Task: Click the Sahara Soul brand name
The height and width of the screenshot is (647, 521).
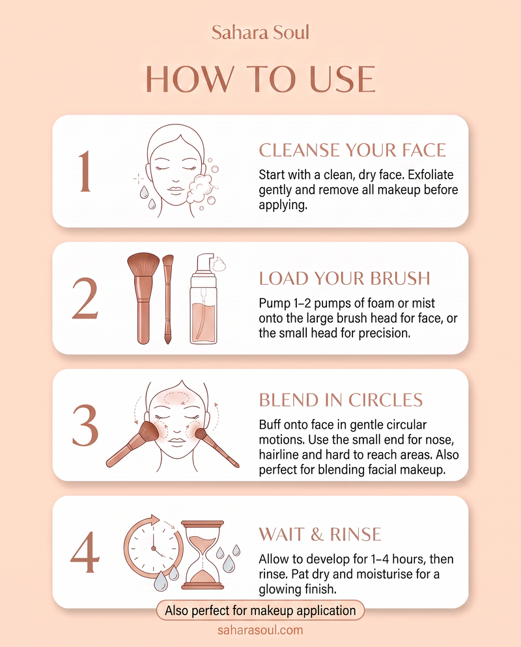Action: pyautogui.click(x=260, y=32)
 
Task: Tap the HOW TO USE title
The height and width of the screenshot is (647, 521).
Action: pyautogui.click(x=260, y=79)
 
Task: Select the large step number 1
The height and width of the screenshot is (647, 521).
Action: pyautogui.click(x=85, y=171)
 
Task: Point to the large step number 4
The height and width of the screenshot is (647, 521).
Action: pyautogui.click(x=85, y=552)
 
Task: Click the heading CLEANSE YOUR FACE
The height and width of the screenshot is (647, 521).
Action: pyautogui.click(x=352, y=151)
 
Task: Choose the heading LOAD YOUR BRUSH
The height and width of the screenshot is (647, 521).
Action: pyautogui.click(x=345, y=278)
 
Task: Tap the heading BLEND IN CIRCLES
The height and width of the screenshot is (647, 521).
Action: pyautogui.click(x=341, y=400)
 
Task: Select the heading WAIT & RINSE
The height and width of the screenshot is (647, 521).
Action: pyautogui.click(x=320, y=534)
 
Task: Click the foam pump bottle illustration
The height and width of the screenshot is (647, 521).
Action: pyautogui.click(x=204, y=299)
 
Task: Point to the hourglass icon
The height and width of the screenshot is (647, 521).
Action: pyautogui.click(x=203, y=555)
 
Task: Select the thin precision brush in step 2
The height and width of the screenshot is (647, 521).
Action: pyautogui.click(x=167, y=299)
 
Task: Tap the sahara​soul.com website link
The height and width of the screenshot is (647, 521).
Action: pyautogui.click(x=260, y=630)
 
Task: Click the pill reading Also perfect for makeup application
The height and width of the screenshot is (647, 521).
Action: pyautogui.click(x=260, y=611)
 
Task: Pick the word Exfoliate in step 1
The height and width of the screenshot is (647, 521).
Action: pyautogui.click(x=430, y=175)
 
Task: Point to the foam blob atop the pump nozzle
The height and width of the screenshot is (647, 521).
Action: pyautogui.click(x=219, y=264)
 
